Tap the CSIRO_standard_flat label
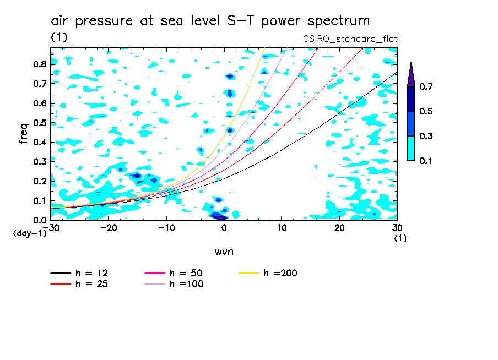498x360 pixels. point(350,39)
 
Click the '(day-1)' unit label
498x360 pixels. point(30,233)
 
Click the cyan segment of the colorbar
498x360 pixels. point(410,148)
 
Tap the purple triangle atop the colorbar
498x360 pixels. point(410,75)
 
